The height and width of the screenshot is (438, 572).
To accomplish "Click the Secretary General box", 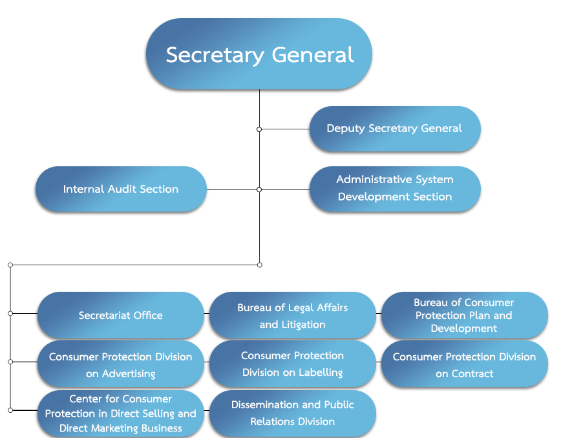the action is point(259,54).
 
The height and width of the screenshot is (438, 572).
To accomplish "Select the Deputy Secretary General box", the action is point(395,129).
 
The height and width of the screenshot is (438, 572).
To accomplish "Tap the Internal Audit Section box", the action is point(121,189).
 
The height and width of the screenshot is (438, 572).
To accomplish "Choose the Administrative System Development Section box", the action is point(395,189).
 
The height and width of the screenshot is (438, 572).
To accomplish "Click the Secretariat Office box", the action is point(121,315).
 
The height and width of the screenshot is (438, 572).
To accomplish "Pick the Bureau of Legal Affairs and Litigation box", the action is point(293,315).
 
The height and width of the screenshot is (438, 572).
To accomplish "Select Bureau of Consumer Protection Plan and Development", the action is point(464,315).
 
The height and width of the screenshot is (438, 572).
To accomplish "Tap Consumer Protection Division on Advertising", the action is point(121,364).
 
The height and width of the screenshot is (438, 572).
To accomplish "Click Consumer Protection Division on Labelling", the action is point(293,364).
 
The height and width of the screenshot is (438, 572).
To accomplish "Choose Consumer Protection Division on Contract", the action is point(464,364).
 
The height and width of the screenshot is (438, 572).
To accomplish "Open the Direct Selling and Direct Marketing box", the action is point(121,413).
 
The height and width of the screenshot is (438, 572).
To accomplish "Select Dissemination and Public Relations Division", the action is point(293,413).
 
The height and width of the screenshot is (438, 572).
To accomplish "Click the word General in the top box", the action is point(313,55).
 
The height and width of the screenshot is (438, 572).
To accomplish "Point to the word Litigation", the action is point(303,325).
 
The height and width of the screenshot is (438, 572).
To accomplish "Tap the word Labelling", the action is point(321,373).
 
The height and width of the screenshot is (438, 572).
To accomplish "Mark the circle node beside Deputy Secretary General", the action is point(259,129).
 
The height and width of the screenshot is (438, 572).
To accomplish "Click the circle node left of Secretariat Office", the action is point(10,313).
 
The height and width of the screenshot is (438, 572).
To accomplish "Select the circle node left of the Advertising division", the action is point(10,362).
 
